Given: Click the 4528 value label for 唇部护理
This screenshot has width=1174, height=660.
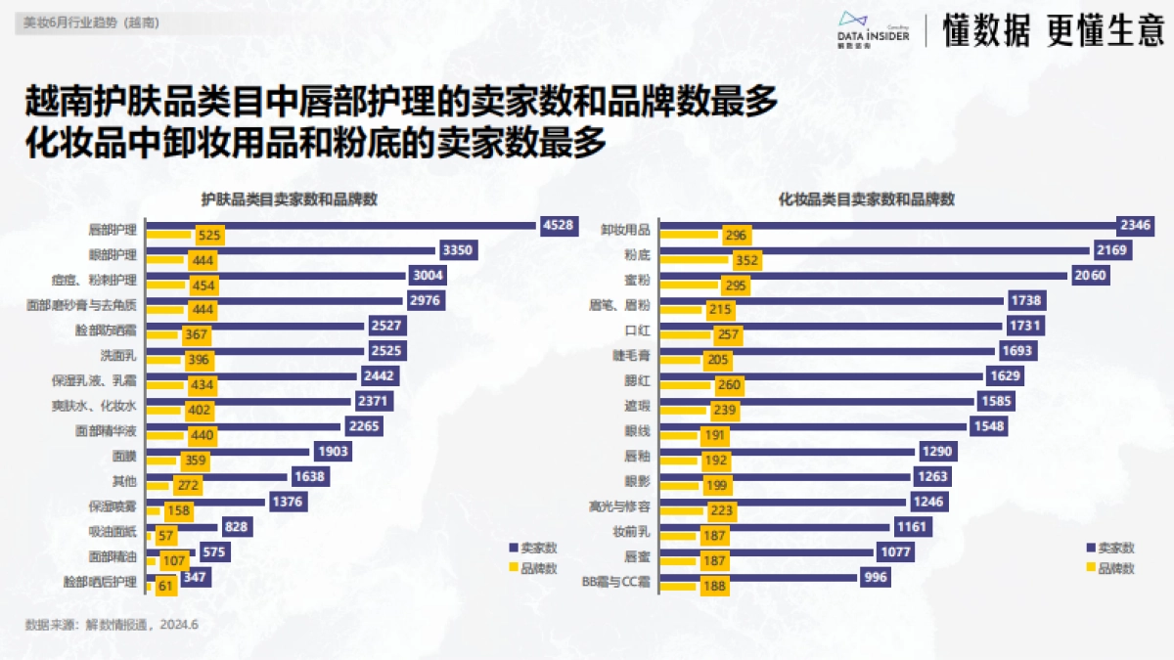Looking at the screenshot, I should click(x=558, y=225).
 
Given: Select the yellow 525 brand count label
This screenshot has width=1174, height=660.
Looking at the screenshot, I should click(x=208, y=236).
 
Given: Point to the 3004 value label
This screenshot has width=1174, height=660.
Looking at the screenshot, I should click(x=429, y=276).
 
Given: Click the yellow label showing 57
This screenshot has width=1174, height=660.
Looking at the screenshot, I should click(x=165, y=537).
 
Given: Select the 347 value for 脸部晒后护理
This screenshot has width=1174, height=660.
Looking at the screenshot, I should click(x=196, y=577).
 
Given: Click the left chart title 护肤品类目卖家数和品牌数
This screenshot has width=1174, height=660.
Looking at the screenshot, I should click(x=290, y=198).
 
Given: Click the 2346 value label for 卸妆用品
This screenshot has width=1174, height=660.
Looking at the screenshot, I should click(x=1136, y=226).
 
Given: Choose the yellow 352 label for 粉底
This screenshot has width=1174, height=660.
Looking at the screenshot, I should click(x=745, y=261).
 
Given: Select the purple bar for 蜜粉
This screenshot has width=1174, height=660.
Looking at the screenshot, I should click(x=862, y=276).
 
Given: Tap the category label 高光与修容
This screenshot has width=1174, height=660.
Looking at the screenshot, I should click(x=620, y=506).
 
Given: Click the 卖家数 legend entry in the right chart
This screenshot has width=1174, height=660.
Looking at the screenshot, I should click(x=1109, y=548).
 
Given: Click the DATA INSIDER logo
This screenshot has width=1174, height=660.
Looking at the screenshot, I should click(x=874, y=30).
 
